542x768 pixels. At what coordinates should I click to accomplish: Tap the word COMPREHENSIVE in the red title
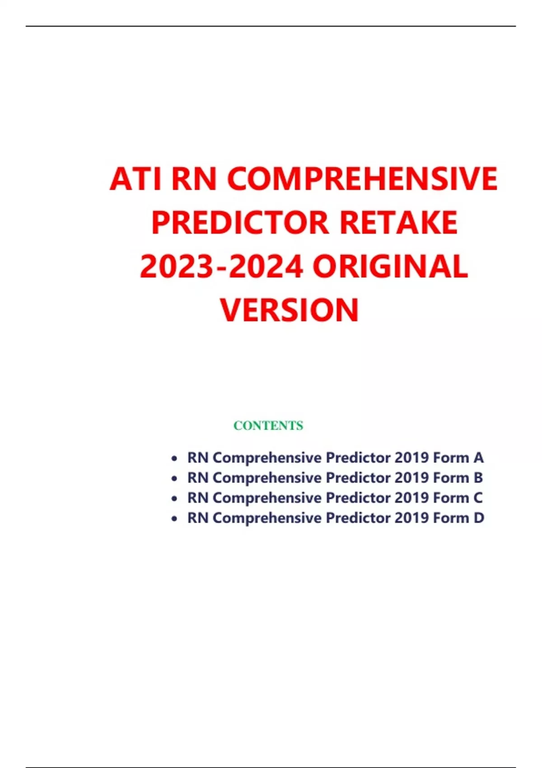(362, 179)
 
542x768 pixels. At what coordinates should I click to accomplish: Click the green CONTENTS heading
(268, 426)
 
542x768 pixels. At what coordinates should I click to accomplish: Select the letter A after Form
(479, 458)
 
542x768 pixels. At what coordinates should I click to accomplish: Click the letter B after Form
(478, 478)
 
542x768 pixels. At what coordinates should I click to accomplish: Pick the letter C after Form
(478, 498)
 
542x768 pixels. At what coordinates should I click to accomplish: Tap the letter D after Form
(479, 518)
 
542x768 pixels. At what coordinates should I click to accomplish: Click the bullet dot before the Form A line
(174, 459)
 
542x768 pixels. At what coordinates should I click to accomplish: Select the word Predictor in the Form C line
(358, 498)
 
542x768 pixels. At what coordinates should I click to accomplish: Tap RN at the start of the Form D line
(198, 518)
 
